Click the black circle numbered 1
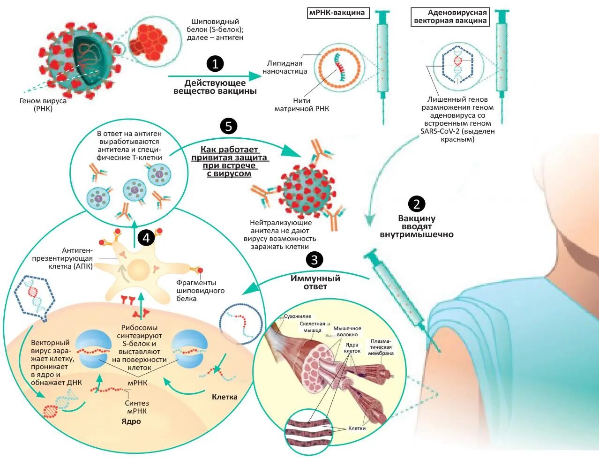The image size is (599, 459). coord(215,64)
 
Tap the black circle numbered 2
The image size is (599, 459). coord(417,203)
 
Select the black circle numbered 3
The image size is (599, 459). coord(314,259)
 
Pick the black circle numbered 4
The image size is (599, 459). coord(146,238)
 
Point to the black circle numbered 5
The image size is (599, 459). coord(229,126)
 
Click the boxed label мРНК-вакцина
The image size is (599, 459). coord(337,13)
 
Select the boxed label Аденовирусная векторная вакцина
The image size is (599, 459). coord(450,17)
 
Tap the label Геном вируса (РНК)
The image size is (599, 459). coord(43,105)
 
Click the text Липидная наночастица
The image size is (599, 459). coord(285,67)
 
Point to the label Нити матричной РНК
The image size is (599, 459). coord(301,105)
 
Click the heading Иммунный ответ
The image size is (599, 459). coord(315,282)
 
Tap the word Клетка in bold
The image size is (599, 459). coord(225,397)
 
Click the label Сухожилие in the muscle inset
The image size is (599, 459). coord(297,316)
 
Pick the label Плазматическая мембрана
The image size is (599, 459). coord(381,347)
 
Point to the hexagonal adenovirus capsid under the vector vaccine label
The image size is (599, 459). coord(457,65)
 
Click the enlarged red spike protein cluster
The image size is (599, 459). coord(148,39)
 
